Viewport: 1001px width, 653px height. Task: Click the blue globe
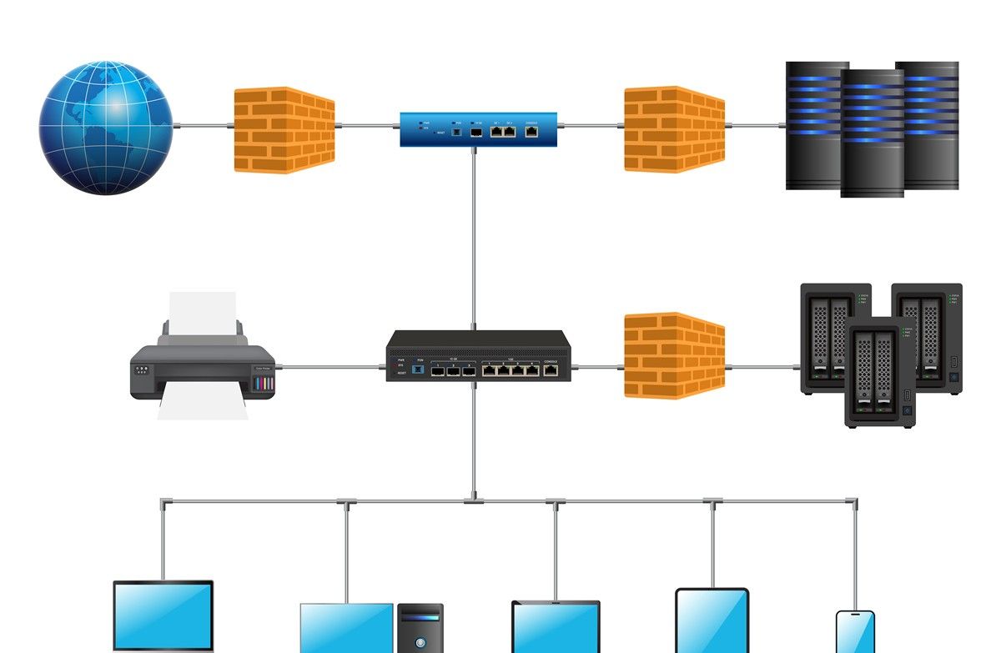(x=105, y=127)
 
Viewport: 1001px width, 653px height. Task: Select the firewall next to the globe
(x=284, y=129)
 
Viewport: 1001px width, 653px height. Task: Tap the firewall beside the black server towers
(x=675, y=129)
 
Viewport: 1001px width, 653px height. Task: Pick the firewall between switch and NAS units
(x=675, y=355)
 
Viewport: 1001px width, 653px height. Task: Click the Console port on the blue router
(x=531, y=131)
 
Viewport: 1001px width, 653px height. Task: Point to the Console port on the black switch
(x=551, y=369)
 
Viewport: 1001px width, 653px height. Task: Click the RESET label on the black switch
(x=402, y=373)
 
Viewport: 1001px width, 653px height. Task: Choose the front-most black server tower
(x=872, y=133)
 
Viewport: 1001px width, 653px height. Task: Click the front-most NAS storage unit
(x=880, y=373)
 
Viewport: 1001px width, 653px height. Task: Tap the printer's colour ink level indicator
(x=264, y=383)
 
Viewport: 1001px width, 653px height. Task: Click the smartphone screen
(x=855, y=634)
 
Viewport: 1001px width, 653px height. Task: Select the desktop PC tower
(x=420, y=630)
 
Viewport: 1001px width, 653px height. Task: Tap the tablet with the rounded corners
(x=712, y=621)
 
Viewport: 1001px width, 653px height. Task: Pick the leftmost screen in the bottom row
(x=163, y=617)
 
